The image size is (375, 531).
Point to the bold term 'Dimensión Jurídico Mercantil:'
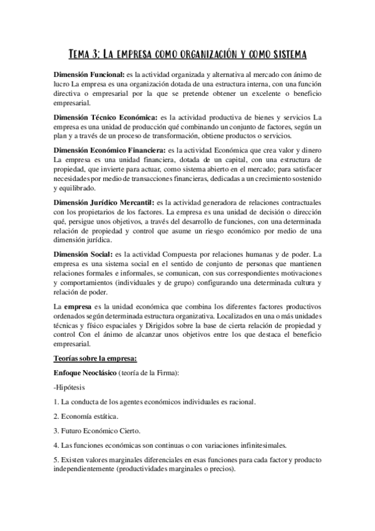pos(105,203)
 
